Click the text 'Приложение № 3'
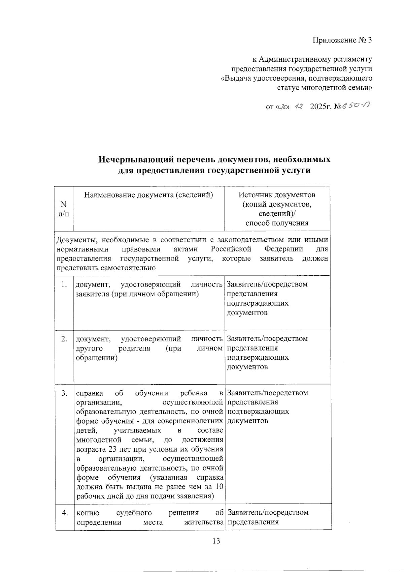[342, 40]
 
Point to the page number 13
[216, 541]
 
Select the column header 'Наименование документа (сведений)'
[148, 195]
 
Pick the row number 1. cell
[64, 284]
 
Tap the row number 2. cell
[64, 339]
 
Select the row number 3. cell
[64, 393]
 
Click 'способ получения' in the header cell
[277, 223]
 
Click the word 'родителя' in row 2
[135, 348]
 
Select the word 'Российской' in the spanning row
[231, 249]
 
